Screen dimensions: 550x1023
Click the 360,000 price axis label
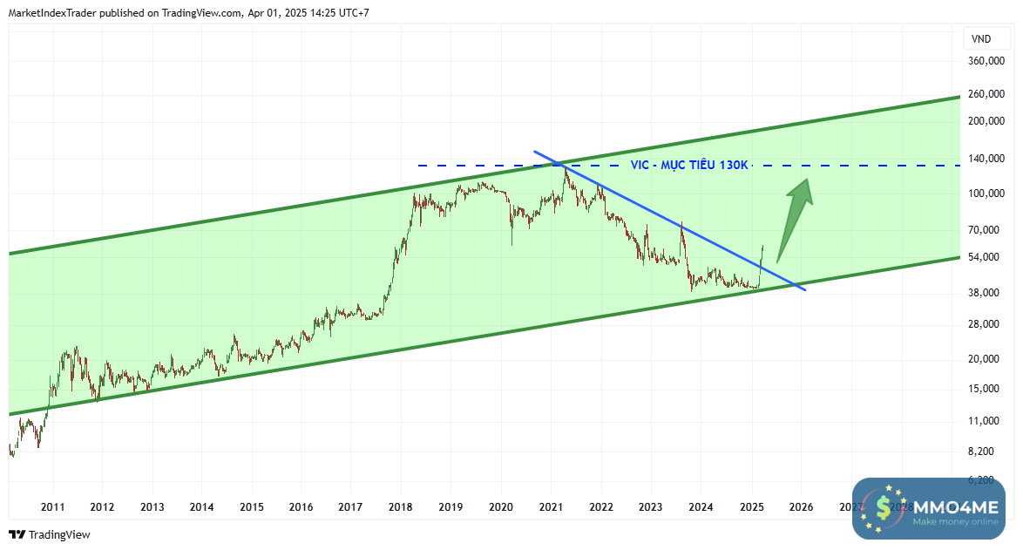pyautogui.click(x=989, y=61)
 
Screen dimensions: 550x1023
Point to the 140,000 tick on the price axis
pyautogui.click(x=989, y=158)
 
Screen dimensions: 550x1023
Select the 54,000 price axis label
pyautogui.click(x=989, y=257)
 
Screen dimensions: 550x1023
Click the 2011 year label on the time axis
pyautogui.click(x=52, y=506)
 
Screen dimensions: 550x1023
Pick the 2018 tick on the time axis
pyautogui.click(x=401, y=506)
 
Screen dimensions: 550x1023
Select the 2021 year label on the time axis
pyautogui.click(x=551, y=506)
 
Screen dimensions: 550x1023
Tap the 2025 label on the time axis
pyautogui.click(x=751, y=506)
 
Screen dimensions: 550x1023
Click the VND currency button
pyautogui.click(x=981, y=38)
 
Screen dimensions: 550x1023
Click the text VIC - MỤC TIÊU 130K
pyautogui.click(x=689, y=165)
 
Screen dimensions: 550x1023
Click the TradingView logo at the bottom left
pyautogui.click(x=50, y=534)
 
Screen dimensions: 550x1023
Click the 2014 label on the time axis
pyautogui.click(x=201, y=506)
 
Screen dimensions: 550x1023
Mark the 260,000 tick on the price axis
pyautogui.click(x=989, y=93)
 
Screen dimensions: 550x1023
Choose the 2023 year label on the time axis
pyautogui.click(x=651, y=506)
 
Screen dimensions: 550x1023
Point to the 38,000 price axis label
pyautogui.click(x=989, y=293)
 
